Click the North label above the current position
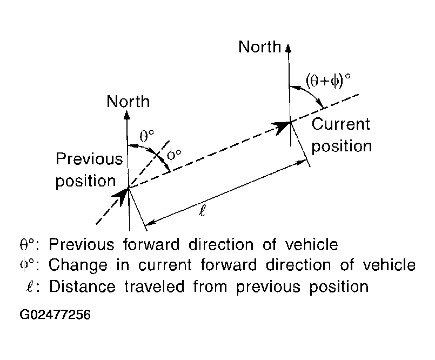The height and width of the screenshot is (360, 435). tap(260, 47)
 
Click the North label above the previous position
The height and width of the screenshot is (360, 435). tap(128, 101)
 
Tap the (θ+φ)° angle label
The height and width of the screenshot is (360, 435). tap(328, 81)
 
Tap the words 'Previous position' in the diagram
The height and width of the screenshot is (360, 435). tap(89, 170)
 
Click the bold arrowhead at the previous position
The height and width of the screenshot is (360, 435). tap(123, 196)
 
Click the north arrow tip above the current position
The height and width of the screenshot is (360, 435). tap(289, 45)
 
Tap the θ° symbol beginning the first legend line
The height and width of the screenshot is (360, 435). tap(28, 245)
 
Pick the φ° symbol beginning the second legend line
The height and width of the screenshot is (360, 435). tap(28, 265)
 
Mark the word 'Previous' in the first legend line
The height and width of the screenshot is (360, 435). tap(81, 245)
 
